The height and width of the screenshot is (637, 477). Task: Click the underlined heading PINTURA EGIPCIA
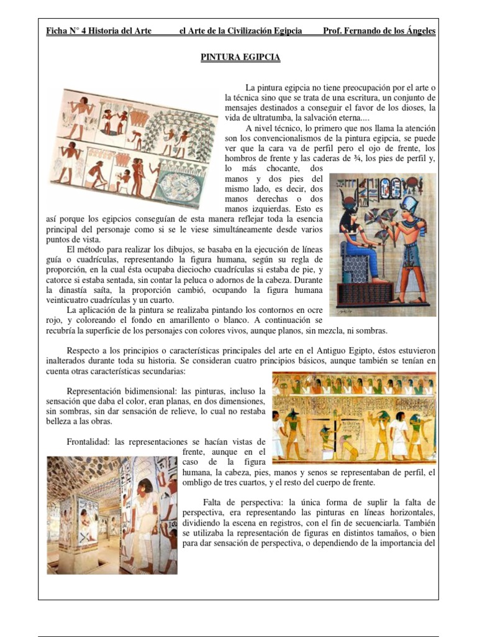coord(240,58)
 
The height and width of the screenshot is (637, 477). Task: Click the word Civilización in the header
coord(245,31)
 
